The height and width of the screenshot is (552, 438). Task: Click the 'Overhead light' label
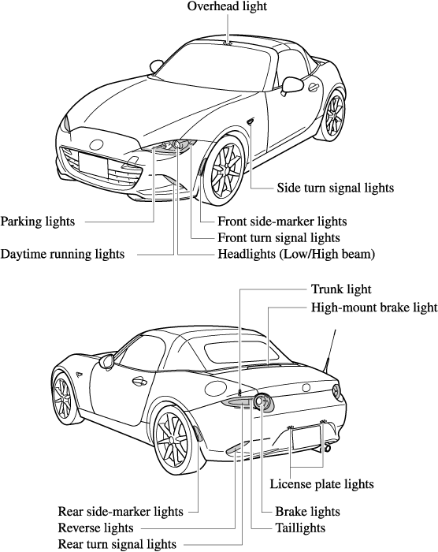tap(227, 6)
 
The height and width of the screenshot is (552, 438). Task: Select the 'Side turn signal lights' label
tap(336, 188)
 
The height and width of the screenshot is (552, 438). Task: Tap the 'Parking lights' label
tap(38, 222)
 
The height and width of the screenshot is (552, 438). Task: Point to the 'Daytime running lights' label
tap(62, 254)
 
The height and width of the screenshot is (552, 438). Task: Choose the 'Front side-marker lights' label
tap(282, 222)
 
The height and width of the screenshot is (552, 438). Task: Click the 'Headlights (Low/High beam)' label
tap(296, 254)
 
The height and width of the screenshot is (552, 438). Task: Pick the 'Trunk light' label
tap(341, 289)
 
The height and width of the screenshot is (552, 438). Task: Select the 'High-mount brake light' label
tap(374, 308)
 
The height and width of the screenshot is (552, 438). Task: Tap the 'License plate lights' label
tap(321, 484)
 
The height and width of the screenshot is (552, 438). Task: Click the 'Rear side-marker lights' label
tap(121, 511)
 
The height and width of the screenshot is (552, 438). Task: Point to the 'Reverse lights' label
tap(95, 528)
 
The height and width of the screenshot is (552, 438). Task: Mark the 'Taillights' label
tap(300, 528)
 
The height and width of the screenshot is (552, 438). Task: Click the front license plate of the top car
tap(93, 165)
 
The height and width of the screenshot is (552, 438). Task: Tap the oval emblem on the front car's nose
tap(96, 144)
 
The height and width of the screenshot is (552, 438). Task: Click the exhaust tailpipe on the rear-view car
tap(328, 448)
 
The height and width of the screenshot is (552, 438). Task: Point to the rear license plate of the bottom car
tap(306, 437)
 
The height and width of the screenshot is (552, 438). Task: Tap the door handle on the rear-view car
tap(139, 381)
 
